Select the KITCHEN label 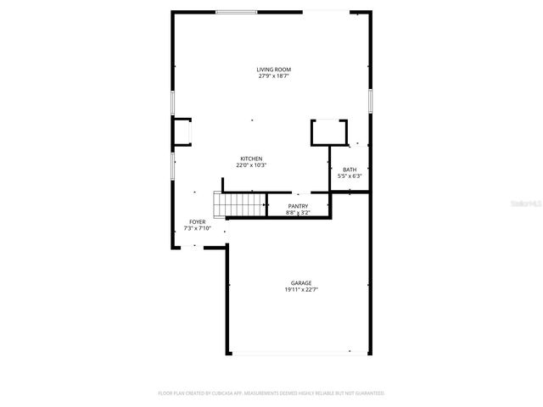[251, 159]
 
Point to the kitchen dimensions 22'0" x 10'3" [251, 165]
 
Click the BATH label [350, 170]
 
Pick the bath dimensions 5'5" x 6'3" [350, 176]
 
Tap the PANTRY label [298, 206]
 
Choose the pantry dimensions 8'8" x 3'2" [298, 213]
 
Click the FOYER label [197, 222]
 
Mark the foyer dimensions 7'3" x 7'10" [197, 229]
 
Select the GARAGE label [301, 283]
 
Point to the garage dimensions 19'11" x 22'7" [301, 290]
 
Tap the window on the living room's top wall [237, 12]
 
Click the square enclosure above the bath [329, 132]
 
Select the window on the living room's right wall [370, 100]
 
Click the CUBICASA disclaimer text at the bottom [271, 393]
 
